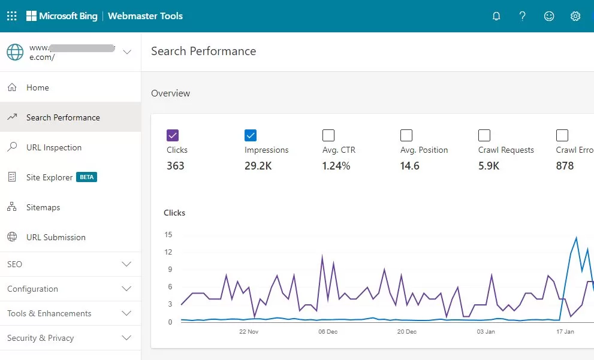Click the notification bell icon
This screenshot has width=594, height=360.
[x=496, y=16]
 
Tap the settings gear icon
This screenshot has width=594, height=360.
[x=575, y=16]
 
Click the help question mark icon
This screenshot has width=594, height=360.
[x=523, y=16]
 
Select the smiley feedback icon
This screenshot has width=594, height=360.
[x=549, y=16]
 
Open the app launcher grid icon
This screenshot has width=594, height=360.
[x=11, y=16]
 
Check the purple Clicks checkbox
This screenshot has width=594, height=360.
[x=173, y=135]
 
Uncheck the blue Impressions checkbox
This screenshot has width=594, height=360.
[x=251, y=135]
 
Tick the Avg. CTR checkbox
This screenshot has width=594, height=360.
[x=328, y=135]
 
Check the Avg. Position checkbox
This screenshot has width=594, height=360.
[x=406, y=135]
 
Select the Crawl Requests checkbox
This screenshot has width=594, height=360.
[x=484, y=135]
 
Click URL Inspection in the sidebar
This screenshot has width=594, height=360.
[x=54, y=147]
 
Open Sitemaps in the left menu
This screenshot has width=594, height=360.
[x=43, y=207]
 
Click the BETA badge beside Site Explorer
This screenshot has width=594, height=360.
[x=86, y=177]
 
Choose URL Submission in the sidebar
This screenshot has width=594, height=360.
[x=56, y=237]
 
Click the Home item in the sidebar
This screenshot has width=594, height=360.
[x=38, y=87]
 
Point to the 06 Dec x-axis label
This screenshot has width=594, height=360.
[x=328, y=331]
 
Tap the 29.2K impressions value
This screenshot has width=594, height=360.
[x=258, y=166]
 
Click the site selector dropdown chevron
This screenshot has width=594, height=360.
[x=126, y=52]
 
